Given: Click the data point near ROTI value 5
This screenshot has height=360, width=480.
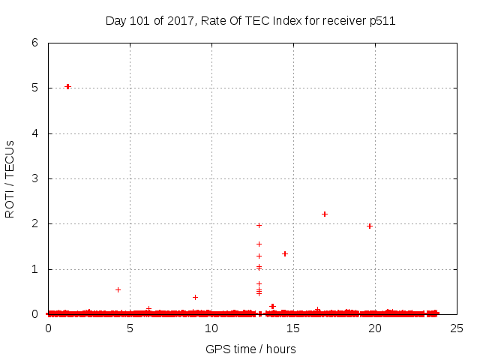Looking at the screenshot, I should pos(67,86).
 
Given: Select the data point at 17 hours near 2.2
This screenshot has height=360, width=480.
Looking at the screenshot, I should pos(325,214).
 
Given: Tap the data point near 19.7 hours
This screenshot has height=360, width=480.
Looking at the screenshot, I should pos(369,226).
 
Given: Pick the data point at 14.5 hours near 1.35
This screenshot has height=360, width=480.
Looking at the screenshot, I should pos(285,253).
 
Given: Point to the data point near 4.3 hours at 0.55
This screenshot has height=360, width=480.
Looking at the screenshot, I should pos(118,289).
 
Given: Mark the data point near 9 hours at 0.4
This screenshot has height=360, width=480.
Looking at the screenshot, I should pos(195,297).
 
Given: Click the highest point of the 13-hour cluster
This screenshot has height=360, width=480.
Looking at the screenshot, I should pos(259,225).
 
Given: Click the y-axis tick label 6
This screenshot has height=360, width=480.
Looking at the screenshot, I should pos(34,43).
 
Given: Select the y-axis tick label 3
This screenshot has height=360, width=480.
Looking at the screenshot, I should pos(34,178).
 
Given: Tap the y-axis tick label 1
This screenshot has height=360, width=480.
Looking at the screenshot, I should pos(34,269).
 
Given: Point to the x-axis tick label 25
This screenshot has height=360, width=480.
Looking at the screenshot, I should pos(456,328).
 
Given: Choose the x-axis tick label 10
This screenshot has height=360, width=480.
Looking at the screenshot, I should pos(211,328).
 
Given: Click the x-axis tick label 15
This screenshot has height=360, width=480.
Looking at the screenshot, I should pos(293,328).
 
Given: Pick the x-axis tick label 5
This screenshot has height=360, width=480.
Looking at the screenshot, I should pos(130,328).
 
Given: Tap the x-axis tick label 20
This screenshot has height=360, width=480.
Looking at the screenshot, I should pos(374,328).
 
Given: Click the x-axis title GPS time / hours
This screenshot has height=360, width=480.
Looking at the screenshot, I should pos(251,349).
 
